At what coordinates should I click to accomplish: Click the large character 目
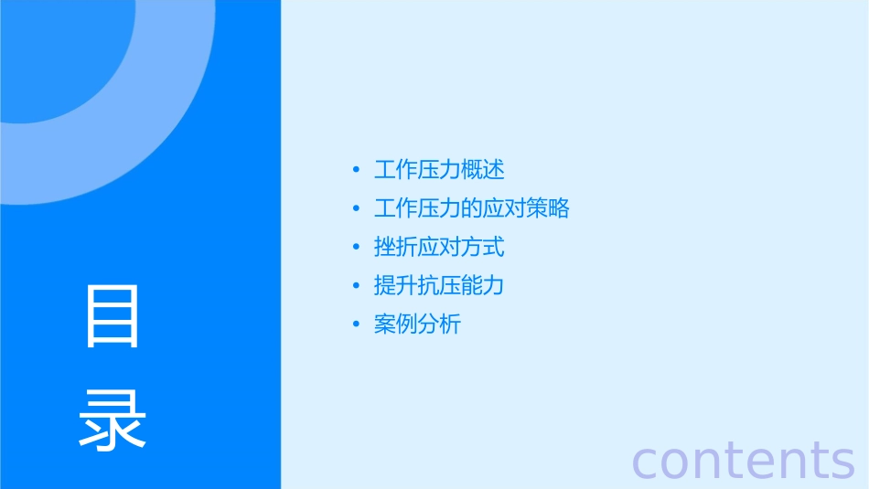tap(113, 315)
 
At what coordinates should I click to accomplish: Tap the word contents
tap(743, 460)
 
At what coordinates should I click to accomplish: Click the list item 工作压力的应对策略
tap(471, 208)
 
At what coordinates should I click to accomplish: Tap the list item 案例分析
tap(417, 324)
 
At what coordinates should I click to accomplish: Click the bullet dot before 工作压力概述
tap(356, 171)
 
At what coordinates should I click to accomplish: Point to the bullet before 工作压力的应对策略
tap(356, 209)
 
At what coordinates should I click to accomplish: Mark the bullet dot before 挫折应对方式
tap(356, 248)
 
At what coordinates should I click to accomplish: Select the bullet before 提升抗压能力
tap(356, 286)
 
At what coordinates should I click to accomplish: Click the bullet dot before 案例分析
tap(356, 325)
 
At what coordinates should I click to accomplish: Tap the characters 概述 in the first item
tap(483, 170)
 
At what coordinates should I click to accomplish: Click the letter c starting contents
tap(647, 462)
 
